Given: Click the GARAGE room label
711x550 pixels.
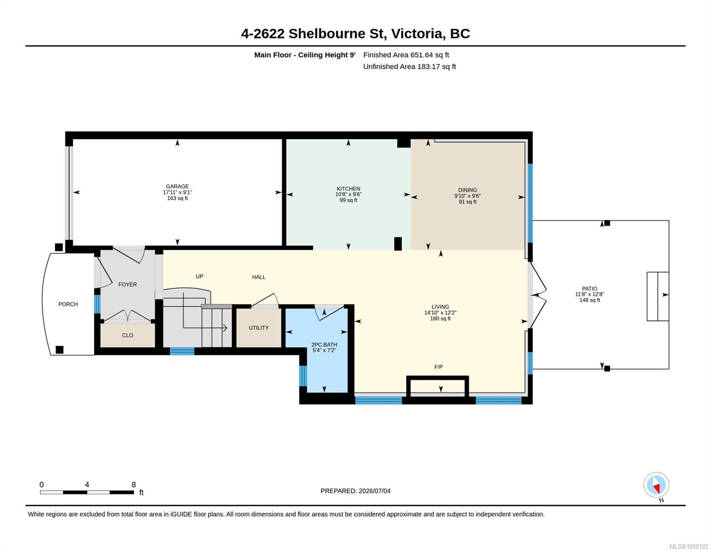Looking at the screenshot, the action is tap(177, 187).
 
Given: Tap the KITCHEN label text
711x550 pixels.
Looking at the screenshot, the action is tap(348, 189).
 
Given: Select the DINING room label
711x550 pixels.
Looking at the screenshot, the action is tap(467, 190).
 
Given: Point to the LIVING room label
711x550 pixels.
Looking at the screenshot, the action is tap(440, 307).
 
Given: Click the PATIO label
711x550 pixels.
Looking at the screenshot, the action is tap(589, 289).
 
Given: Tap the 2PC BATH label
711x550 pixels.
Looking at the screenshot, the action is tap(324, 345).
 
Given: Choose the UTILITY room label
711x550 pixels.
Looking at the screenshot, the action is tap(259, 328).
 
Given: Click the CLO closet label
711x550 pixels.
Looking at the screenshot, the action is tap(127, 335).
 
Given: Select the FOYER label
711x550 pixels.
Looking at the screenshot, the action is tap(127, 285).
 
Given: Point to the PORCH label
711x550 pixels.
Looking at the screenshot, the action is tap(68, 304).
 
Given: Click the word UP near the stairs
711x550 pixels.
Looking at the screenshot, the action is tap(199, 276).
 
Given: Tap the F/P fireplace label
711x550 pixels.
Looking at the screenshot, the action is tap(439, 367).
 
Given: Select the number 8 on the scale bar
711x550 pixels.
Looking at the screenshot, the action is tap(134, 484).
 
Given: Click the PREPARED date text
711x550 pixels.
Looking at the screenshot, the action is tap(355, 491).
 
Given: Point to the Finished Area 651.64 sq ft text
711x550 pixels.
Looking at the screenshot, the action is tap(406, 55).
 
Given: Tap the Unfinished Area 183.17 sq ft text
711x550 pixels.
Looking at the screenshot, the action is tap(409, 66).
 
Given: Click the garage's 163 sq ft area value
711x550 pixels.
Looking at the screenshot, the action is tap(177, 198).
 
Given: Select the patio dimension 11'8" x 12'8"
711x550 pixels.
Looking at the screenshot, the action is tap(589, 294).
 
